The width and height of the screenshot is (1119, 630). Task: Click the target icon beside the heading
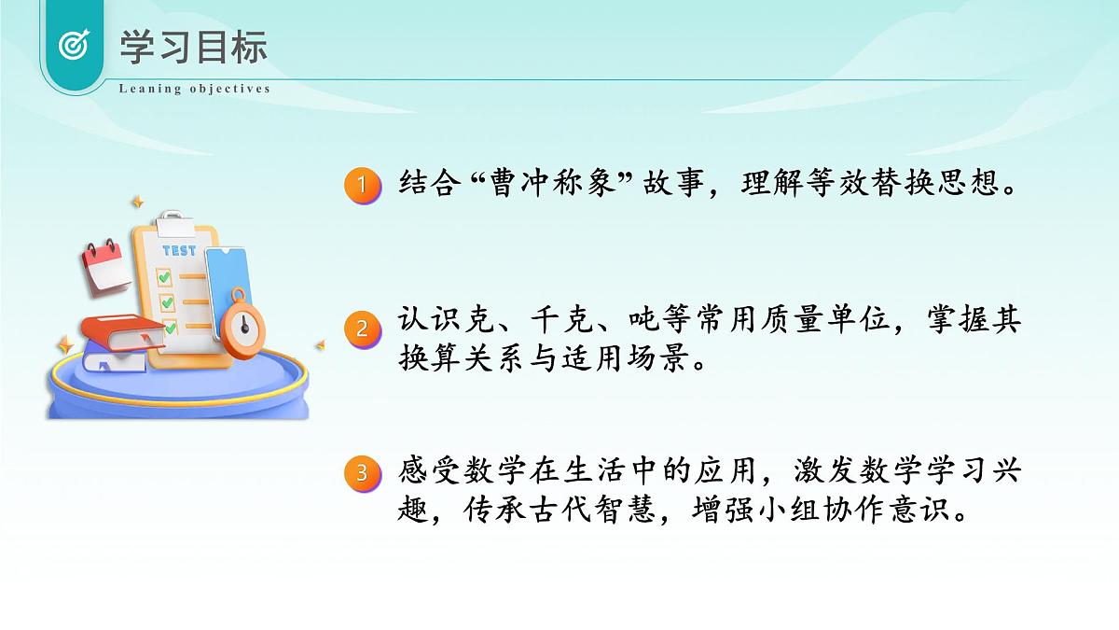73,45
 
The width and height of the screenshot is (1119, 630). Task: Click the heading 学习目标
193,48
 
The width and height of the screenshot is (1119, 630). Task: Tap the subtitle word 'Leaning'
145,89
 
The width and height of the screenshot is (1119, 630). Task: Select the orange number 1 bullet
361,184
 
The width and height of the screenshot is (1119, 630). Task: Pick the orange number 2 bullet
361,328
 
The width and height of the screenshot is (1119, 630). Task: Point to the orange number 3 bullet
361,473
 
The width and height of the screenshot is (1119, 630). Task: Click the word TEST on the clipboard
179,250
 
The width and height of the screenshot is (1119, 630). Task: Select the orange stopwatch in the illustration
243,322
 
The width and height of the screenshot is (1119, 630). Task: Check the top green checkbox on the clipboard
164,277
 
